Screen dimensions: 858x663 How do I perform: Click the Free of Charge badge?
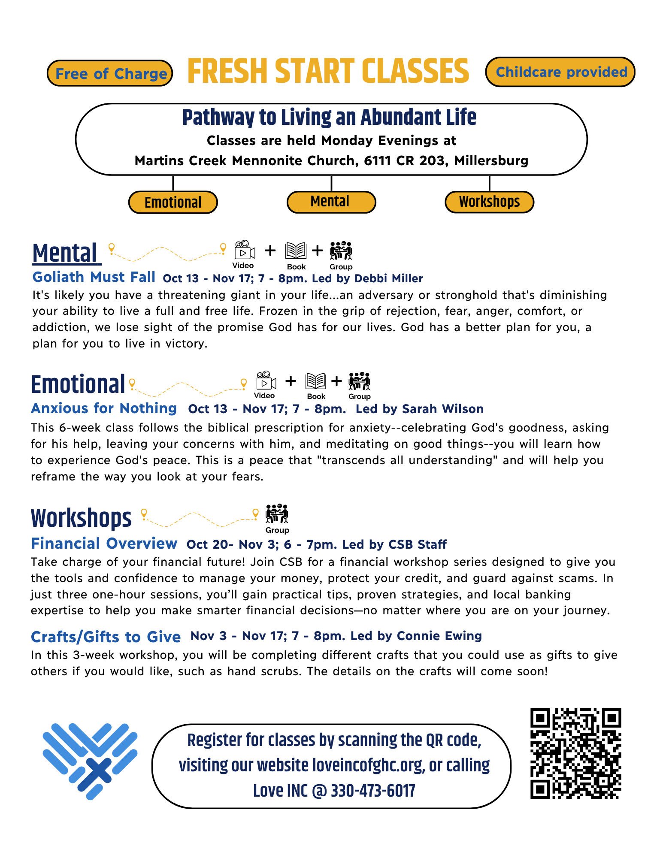point(110,73)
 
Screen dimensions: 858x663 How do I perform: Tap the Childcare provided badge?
point(560,72)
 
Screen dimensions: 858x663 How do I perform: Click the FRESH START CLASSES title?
point(328,71)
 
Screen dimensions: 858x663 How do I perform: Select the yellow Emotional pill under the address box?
point(173,202)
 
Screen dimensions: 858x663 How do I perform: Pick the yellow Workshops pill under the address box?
point(489,202)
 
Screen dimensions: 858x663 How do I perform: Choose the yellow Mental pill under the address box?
point(331,202)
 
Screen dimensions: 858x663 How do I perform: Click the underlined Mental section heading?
point(66,253)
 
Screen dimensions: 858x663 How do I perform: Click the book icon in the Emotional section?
point(316,381)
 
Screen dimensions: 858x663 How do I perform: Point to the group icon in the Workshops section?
point(277,514)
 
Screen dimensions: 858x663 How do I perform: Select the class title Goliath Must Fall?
point(94,277)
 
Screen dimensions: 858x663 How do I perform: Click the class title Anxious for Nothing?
point(104,408)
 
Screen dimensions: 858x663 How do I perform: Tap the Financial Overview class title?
point(104,544)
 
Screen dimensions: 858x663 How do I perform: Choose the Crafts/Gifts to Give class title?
point(106,637)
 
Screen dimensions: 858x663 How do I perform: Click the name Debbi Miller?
point(389,278)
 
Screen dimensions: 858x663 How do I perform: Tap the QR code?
point(575,754)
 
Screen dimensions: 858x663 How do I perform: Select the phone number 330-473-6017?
point(373,791)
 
